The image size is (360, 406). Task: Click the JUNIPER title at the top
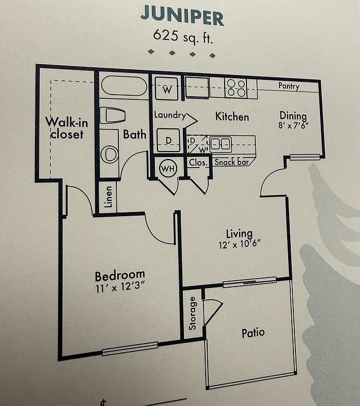[182, 15]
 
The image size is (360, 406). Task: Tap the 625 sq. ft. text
[183, 37]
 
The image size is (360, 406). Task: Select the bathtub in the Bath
[124, 86]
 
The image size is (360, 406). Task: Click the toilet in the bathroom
[113, 115]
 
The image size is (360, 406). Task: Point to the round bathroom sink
[109, 154]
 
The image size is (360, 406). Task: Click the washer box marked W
[167, 88]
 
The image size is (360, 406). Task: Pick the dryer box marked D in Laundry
[168, 140]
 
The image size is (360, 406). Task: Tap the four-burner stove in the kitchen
[236, 88]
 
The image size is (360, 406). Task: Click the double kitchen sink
[220, 144]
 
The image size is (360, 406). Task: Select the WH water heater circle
[168, 169]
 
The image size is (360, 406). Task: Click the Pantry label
[289, 86]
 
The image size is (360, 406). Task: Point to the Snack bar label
[232, 162]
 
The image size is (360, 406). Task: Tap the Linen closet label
[108, 197]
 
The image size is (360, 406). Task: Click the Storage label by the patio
[192, 313]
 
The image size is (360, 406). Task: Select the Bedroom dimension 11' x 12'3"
[120, 288]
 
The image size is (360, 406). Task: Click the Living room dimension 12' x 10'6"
[239, 244]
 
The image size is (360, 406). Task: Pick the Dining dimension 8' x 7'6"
[293, 126]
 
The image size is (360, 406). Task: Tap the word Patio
[253, 333]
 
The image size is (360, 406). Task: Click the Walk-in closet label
[67, 128]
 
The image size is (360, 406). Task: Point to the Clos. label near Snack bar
[198, 163]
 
